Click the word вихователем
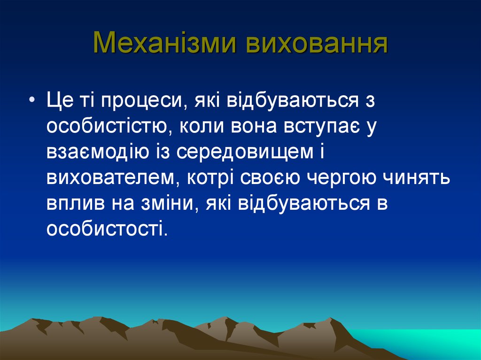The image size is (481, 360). (x=112, y=178)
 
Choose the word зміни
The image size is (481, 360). (x=165, y=204)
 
